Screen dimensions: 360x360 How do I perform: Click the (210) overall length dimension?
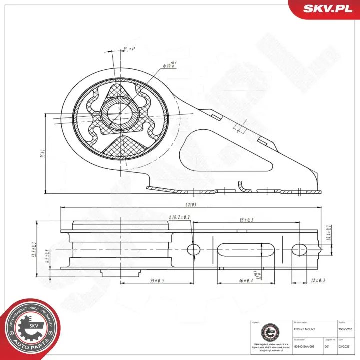tap(190, 204)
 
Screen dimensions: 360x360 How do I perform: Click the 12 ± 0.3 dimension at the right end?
tap(317, 281)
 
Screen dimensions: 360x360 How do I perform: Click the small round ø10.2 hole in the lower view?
tap(193, 249)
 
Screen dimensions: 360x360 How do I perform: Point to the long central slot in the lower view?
tap(245, 249)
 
